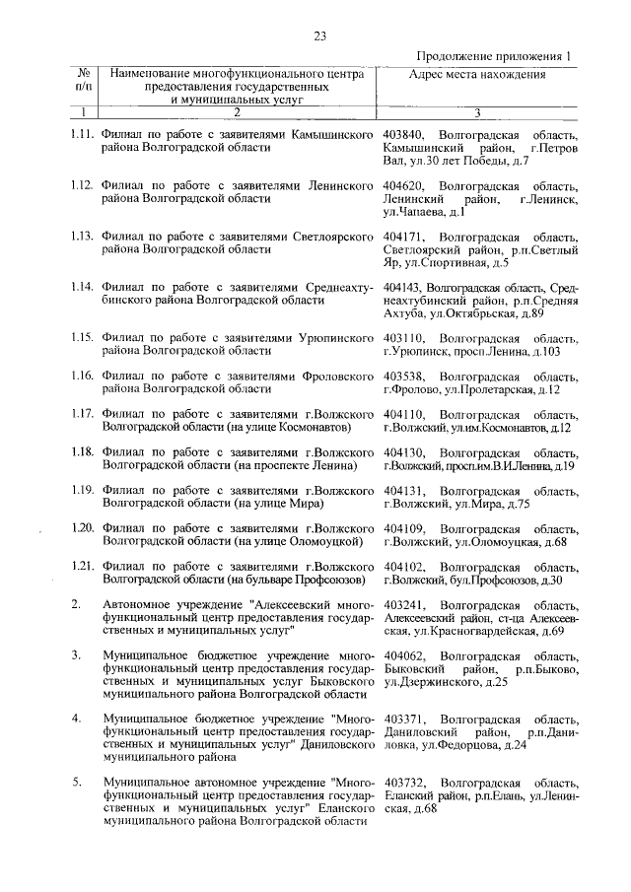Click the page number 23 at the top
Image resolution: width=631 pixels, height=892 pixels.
(319, 36)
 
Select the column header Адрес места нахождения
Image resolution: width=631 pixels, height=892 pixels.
(477, 74)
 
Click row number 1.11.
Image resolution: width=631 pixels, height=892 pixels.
(84, 133)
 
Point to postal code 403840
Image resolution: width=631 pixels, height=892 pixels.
(404, 133)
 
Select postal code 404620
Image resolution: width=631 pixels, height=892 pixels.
(404, 185)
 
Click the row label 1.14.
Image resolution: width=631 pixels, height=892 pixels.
(84, 288)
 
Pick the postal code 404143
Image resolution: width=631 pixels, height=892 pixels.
(404, 288)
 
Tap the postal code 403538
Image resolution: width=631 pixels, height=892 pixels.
(404, 377)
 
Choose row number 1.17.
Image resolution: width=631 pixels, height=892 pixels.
(84, 414)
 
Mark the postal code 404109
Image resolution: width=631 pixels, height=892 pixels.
(404, 528)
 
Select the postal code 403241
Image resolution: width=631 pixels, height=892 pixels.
(404, 605)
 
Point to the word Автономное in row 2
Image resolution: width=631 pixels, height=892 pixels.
(138, 605)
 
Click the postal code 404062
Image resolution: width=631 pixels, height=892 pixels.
(404, 655)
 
